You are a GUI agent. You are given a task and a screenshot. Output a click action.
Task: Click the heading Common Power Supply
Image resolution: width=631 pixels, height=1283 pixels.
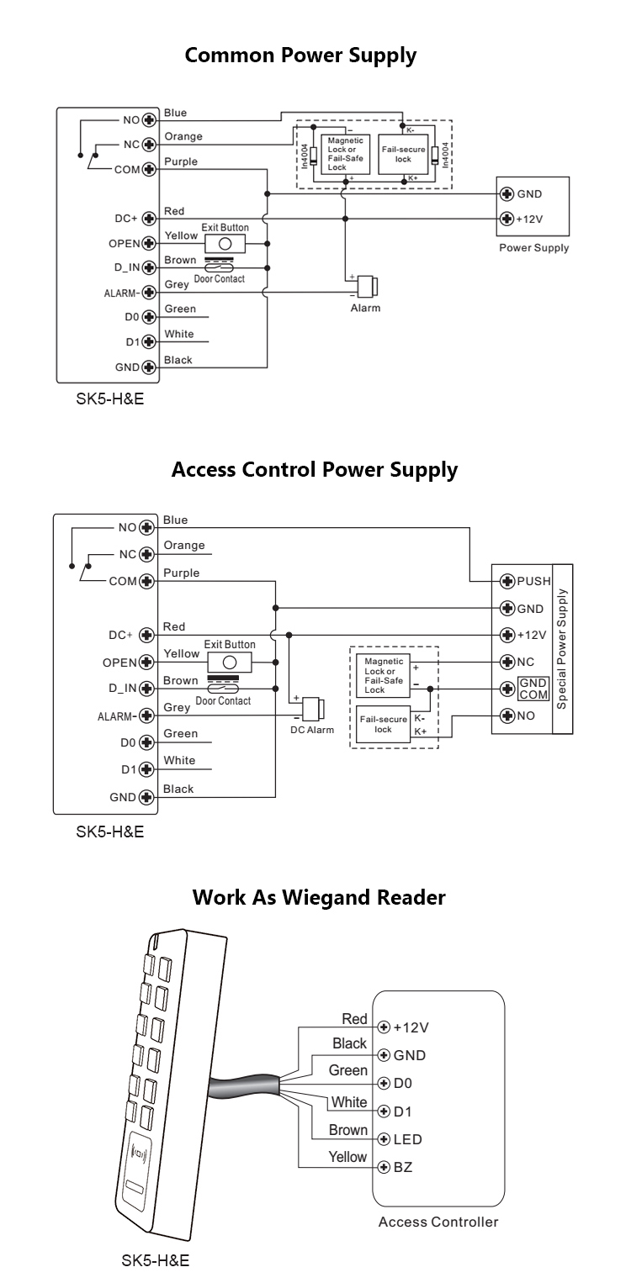click(x=300, y=56)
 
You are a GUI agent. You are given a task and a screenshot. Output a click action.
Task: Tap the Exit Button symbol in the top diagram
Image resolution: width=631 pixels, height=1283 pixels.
click(x=225, y=243)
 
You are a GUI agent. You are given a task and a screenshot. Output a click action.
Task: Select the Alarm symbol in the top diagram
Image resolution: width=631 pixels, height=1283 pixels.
click(x=366, y=287)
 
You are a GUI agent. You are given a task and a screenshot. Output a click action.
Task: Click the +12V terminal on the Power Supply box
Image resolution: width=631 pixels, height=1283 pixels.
click(x=506, y=219)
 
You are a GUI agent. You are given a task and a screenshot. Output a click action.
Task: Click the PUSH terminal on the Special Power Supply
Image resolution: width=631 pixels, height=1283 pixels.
click(x=506, y=581)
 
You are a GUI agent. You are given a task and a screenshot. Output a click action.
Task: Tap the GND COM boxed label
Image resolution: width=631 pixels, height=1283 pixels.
click(x=533, y=689)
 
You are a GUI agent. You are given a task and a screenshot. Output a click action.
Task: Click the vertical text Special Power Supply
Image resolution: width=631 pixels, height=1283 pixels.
click(x=563, y=648)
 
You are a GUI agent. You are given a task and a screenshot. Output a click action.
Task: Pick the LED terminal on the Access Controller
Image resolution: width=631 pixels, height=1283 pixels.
click(x=384, y=1139)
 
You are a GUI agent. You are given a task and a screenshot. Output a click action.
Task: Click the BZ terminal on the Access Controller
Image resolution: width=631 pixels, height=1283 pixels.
click(x=384, y=1168)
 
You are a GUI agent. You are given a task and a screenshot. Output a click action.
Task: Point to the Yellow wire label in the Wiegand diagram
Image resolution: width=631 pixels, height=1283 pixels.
click(x=347, y=1158)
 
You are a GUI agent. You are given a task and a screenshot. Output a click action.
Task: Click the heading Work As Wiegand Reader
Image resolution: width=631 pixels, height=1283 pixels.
click(x=319, y=897)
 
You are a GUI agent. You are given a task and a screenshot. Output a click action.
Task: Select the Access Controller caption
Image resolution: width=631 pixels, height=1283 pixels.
click(x=438, y=1222)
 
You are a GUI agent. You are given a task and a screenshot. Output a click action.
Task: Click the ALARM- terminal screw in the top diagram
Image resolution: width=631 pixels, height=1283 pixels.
click(x=149, y=293)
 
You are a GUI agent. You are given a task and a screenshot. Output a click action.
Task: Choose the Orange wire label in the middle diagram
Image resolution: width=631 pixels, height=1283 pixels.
click(x=184, y=546)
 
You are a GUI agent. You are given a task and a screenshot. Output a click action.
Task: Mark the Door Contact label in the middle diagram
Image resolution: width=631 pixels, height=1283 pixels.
click(x=223, y=700)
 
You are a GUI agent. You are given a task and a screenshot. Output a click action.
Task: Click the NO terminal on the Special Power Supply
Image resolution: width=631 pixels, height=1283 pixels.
click(x=506, y=715)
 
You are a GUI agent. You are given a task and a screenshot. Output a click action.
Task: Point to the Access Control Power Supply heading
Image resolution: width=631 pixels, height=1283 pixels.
click(x=315, y=469)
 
